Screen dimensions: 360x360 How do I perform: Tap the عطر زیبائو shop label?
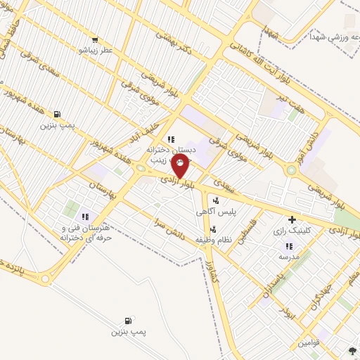click(92, 51)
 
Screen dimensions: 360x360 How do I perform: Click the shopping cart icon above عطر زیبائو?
click(94, 40)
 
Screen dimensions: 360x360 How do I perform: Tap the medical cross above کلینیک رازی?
click(292, 220)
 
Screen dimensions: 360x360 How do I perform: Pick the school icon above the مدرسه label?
click(288, 247)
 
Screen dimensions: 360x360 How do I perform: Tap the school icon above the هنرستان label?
click(85, 217)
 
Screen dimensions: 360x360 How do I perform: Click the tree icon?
click(352, 349)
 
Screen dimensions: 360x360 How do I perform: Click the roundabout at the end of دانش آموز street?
click(290, 169)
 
